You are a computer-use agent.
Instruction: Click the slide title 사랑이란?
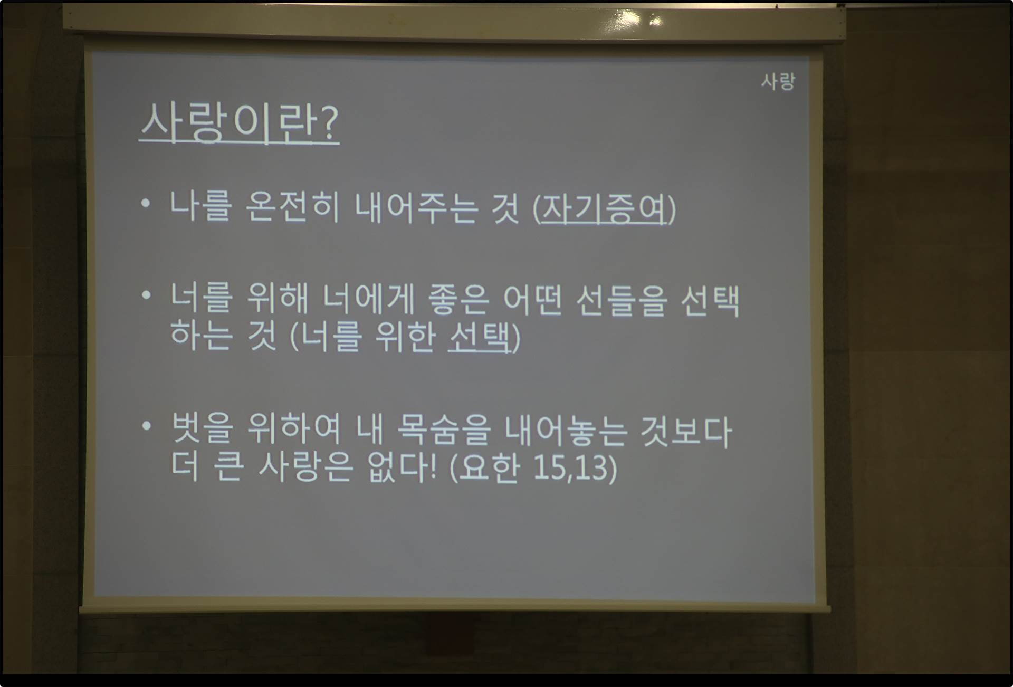[x=239, y=123]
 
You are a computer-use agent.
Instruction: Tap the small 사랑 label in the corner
[x=778, y=81]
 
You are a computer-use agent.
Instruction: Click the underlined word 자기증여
[x=605, y=209]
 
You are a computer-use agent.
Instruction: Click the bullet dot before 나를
[x=146, y=204]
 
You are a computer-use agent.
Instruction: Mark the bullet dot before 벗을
[x=147, y=425]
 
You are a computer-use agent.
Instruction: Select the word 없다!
[x=403, y=467]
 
